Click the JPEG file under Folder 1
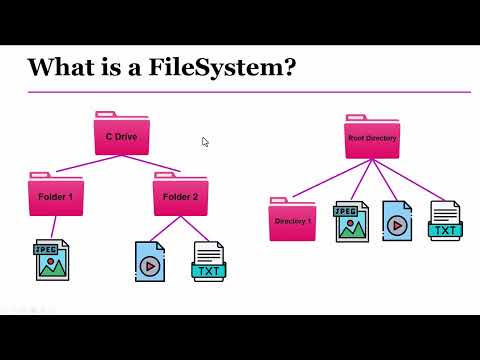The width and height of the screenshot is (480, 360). pos(52,260)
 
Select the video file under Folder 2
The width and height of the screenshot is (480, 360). pos(150,260)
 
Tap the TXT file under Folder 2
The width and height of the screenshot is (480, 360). pos(209,260)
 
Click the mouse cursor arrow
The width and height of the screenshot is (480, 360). pos(205,142)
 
